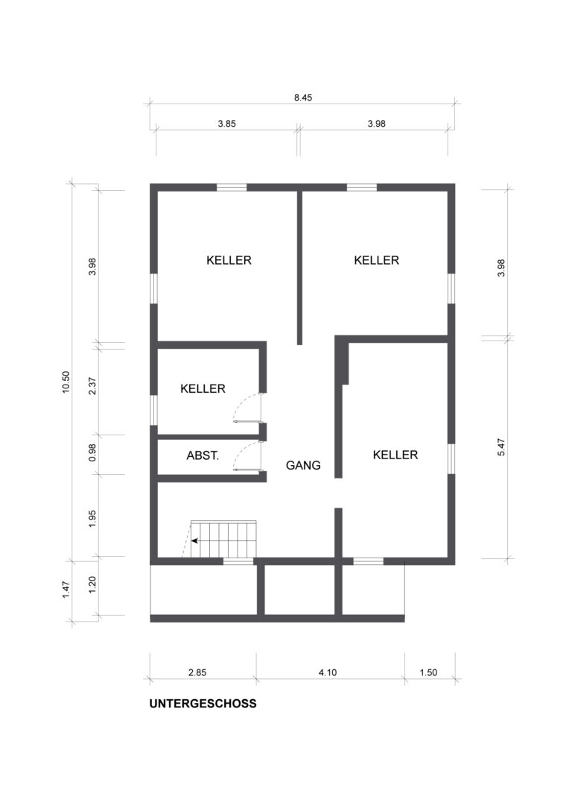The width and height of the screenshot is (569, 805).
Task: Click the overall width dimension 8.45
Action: coord(302,98)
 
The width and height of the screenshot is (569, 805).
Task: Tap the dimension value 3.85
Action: coord(226,124)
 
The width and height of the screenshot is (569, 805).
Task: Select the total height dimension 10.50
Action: coord(66,382)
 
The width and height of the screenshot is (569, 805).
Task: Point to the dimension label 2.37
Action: coord(92,386)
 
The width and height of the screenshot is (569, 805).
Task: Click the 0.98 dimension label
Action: coord(92,452)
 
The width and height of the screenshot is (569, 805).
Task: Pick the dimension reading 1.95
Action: coord(92,519)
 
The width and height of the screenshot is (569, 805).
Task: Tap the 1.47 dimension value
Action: coord(66,589)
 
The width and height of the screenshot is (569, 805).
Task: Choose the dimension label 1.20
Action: coord(92,585)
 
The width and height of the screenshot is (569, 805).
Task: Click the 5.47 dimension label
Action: coord(501,446)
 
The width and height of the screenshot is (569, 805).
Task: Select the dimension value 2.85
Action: coord(197,672)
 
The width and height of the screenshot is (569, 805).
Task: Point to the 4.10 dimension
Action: coord(328,672)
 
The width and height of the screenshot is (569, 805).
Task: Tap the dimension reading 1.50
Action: coord(428,672)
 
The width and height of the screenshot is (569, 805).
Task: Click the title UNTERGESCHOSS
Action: coord(203,704)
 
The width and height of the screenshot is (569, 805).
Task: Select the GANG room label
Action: coord(303,465)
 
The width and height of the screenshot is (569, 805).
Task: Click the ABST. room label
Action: coord(203,455)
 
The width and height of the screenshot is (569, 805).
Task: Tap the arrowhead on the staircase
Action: coord(194,540)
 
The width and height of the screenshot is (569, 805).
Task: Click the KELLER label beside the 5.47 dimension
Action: coord(395,455)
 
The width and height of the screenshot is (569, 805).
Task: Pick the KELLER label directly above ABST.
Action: coord(203,388)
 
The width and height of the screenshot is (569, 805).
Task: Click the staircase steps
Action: coord(223,539)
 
